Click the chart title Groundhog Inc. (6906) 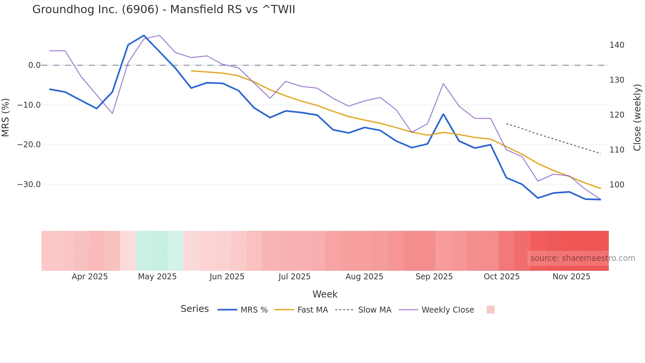tap(164, 10)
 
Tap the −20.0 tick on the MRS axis tap(29, 145)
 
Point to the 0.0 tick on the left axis tap(34, 65)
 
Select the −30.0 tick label tap(29, 184)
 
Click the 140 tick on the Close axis tap(617, 45)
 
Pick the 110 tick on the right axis tap(617, 150)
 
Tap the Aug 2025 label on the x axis tap(364, 277)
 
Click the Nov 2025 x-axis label tap(571, 277)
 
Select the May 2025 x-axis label tap(157, 277)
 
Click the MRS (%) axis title tap(6, 118)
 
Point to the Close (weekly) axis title tap(637, 118)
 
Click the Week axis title tap(325, 294)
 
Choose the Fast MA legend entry tap(312, 310)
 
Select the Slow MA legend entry tap(374, 310)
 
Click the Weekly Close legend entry tap(448, 310)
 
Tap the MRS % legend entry tap(254, 310)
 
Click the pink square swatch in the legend tap(490, 310)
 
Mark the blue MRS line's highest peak tap(144, 36)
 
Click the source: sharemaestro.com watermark tap(582, 258)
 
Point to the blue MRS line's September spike tap(443, 114)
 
